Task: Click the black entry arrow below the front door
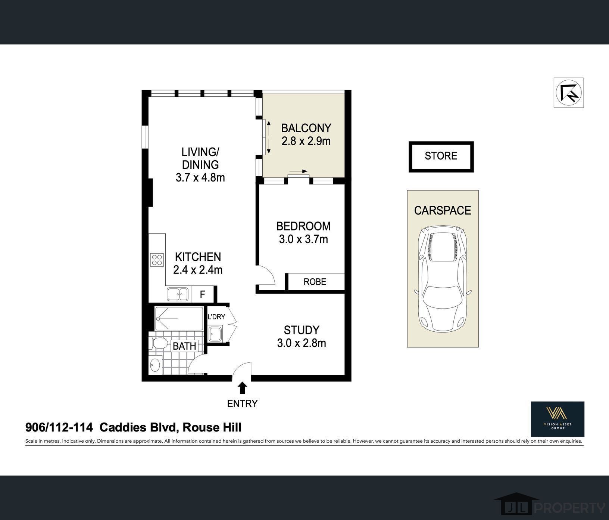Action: [x=243, y=388]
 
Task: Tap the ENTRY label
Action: [x=243, y=403]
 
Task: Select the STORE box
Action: [x=441, y=156]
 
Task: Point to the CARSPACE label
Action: [x=443, y=210]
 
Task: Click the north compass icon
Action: [x=568, y=93]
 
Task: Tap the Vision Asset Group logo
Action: [x=558, y=419]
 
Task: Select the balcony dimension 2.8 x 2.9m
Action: [x=306, y=141]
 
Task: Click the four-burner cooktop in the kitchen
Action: [x=157, y=260]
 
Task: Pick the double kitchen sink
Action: [x=178, y=294]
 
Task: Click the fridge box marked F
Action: [x=202, y=294]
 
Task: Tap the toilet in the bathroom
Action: [x=159, y=343]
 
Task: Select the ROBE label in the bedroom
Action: [x=315, y=282]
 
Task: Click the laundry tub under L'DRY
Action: [x=215, y=334]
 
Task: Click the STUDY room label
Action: [x=302, y=330]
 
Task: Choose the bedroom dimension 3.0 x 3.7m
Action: [x=303, y=239]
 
